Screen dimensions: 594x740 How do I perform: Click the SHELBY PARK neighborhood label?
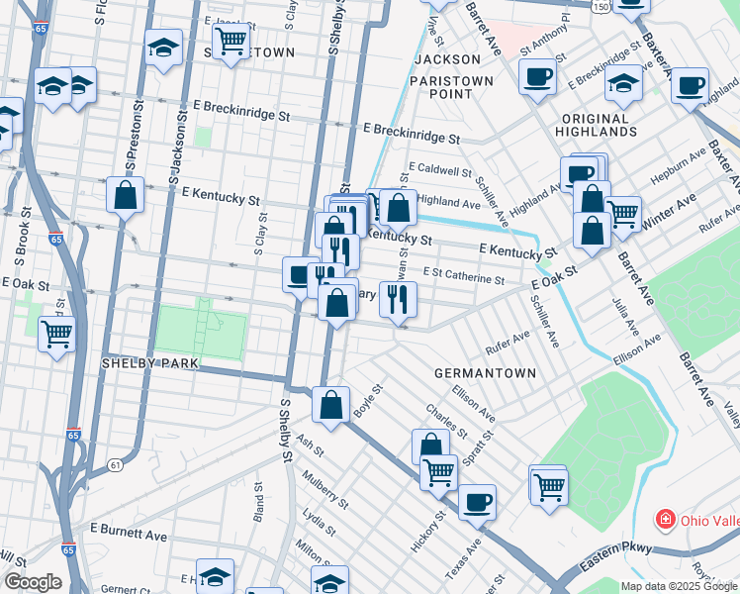click(x=150, y=363)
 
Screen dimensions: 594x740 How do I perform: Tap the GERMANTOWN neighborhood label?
click(x=485, y=373)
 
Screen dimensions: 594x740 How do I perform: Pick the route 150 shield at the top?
click(x=601, y=7)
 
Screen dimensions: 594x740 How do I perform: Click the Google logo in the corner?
click(x=33, y=581)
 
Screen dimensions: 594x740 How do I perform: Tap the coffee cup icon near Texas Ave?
click(x=477, y=501)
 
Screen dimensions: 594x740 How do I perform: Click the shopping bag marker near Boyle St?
click(x=330, y=404)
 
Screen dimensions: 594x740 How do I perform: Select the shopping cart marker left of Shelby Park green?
click(x=57, y=333)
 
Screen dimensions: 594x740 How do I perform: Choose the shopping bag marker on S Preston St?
click(x=126, y=195)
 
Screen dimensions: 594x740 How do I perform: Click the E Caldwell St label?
click(x=438, y=170)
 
